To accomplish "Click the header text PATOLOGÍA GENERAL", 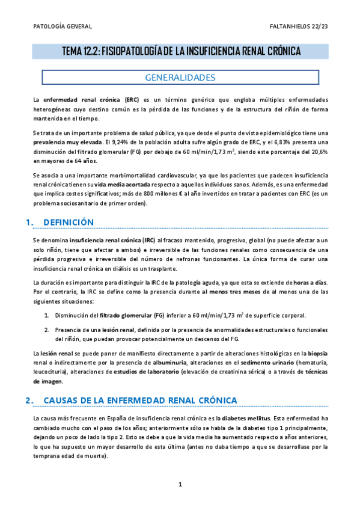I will [61, 27].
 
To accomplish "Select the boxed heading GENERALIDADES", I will [180, 78].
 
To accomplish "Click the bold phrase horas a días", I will [310, 283].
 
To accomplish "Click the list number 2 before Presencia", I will [46, 330].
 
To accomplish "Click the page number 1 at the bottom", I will [180, 484].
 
